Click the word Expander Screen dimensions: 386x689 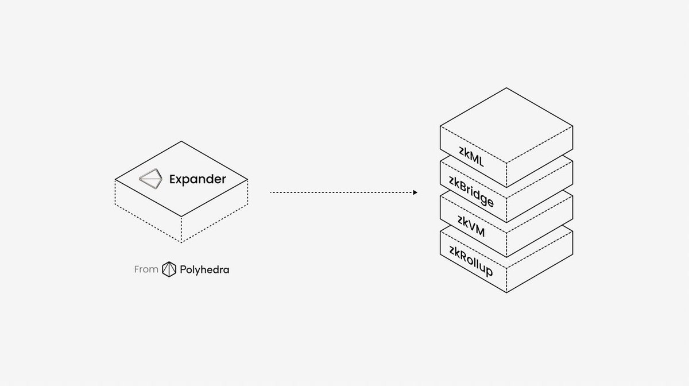coord(198,179)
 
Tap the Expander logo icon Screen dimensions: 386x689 coord(152,179)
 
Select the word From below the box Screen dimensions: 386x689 coord(146,269)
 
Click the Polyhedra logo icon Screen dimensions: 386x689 coord(169,269)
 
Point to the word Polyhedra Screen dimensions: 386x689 coord(204,269)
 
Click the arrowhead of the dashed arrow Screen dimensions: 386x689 coord(415,193)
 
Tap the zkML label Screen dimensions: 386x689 coord(471,157)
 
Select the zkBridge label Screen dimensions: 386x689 coord(471,193)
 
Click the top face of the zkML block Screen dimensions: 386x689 coord(506,126)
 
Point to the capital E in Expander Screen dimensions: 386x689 coord(173,179)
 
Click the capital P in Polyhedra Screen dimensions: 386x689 coord(182,269)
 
